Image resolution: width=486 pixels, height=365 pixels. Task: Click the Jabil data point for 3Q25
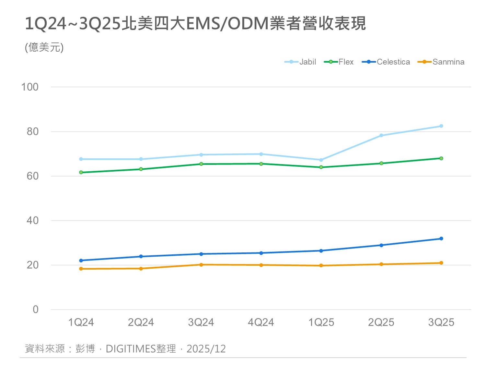[441, 126]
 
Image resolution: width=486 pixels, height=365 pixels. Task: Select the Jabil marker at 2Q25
[381, 135]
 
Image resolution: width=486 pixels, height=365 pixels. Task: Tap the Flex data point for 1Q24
[81, 172]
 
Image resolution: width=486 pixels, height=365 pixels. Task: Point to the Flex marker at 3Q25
[441, 158]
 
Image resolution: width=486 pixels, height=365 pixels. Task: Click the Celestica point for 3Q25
[441, 238]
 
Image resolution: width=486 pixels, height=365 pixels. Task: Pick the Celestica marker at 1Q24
[81, 260]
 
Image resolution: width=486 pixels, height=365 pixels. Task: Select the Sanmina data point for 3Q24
[201, 264]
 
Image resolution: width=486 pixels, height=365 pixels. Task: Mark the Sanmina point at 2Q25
[381, 264]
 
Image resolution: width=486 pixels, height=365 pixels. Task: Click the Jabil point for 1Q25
[321, 160]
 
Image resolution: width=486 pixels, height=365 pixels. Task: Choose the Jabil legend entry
[300, 62]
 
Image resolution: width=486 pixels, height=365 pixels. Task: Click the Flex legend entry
[339, 62]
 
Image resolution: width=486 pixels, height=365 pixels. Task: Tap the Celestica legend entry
[386, 62]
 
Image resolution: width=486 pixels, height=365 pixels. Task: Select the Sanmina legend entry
[441, 62]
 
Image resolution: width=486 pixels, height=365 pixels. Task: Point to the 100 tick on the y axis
[30, 87]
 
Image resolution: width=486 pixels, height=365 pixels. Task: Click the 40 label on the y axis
[32, 221]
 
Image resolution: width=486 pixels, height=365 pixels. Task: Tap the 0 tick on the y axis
[36, 309]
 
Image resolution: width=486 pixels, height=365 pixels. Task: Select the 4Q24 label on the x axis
[261, 322]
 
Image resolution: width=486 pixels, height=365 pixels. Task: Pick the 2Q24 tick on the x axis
[141, 322]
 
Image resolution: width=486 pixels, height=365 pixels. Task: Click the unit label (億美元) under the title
[44, 47]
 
